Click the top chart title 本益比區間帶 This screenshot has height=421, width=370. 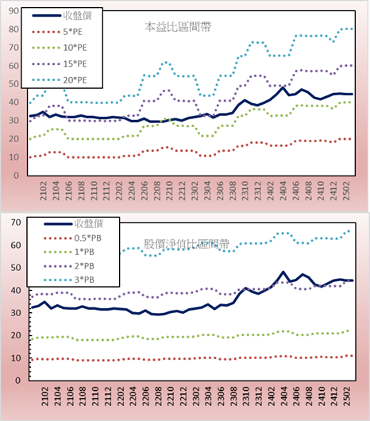point(178,27)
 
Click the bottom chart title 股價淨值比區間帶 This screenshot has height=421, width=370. point(187,244)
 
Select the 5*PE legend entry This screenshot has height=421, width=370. point(57,32)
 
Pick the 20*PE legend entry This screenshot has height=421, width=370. point(60,80)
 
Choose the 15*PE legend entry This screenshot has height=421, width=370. point(60,64)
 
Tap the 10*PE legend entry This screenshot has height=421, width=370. point(60,48)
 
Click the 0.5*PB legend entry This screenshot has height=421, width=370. point(72,238)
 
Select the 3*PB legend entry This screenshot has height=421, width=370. point(69,280)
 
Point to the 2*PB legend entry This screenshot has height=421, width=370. point(69,266)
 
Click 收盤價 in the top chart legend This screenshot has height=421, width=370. point(62,16)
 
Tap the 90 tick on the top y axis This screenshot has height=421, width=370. point(13,11)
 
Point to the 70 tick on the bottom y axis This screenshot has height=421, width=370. point(16,222)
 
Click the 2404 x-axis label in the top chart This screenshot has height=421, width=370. point(283,191)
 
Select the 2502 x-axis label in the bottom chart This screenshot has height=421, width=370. point(348,396)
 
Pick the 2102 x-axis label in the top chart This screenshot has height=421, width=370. point(43,191)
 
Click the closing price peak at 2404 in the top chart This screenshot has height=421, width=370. point(283,87)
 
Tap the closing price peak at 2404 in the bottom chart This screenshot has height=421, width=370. point(283,272)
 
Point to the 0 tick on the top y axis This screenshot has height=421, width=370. point(17,176)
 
